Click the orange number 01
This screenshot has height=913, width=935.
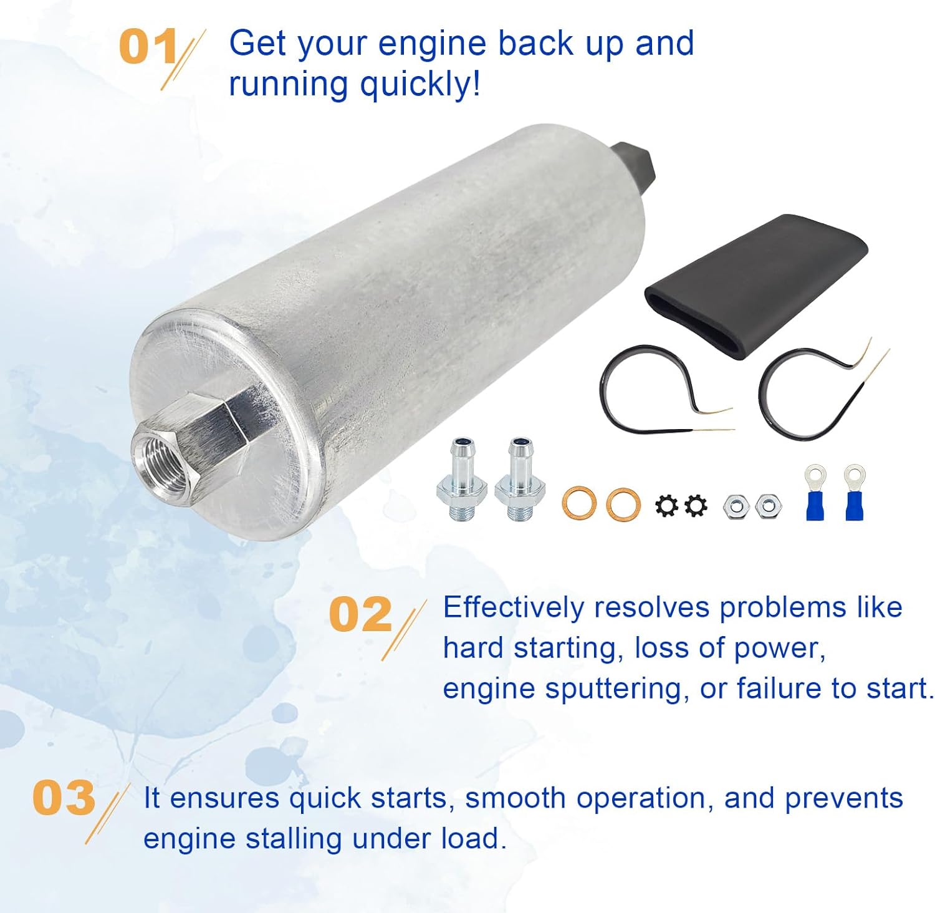click(148, 47)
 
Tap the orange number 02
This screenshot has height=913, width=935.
click(360, 614)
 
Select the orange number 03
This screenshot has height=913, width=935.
click(63, 798)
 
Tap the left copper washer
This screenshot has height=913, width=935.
click(578, 504)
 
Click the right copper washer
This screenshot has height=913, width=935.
click(623, 504)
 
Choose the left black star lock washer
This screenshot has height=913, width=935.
click(666, 505)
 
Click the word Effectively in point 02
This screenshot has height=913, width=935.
click(514, 607)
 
